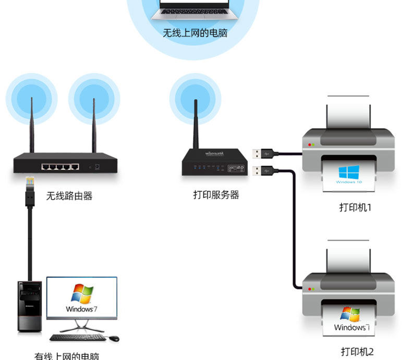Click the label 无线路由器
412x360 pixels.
pyautogui.click(x=69, y=196)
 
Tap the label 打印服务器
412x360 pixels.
pyautogui.click(x=216, y=195)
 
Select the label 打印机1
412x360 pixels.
pyautogui.click(x=355, y=207)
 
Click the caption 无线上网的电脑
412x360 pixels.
pyautogui.click(x=195, y=33)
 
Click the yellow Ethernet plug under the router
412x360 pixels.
pyautogui.click(x=30, y=183)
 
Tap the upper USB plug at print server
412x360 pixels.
pyautogui.click(x=261, y=154)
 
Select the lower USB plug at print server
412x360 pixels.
pyautogui.click(x=261, y=170)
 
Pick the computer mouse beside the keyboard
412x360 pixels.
pyautogui.click(x=114, y=339)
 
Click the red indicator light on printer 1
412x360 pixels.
pyautogui.click(x=310, y=144)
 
